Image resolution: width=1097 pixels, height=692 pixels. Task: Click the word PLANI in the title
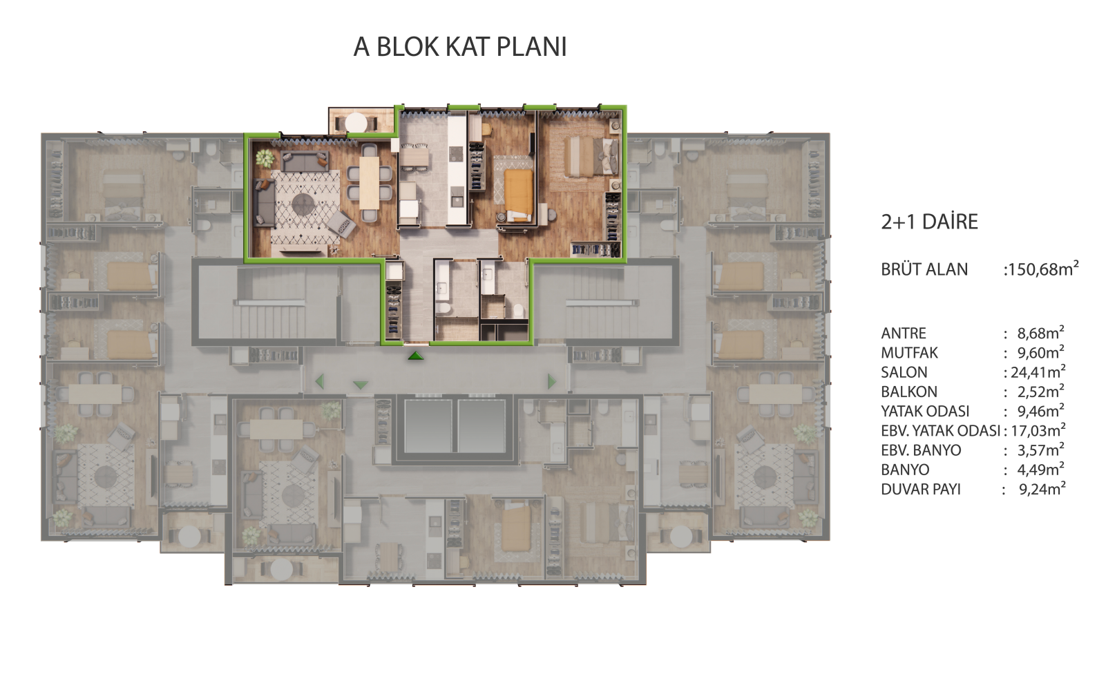532,47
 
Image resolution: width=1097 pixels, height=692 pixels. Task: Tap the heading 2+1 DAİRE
929,222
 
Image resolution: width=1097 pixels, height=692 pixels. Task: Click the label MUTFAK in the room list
909,353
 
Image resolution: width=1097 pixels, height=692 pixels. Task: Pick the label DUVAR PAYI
921,489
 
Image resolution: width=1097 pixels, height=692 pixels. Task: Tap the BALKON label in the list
909,392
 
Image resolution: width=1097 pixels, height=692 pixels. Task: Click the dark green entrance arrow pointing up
416,356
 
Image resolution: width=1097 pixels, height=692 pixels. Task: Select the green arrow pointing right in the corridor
552,381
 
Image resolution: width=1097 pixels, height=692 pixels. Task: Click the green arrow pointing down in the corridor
361,385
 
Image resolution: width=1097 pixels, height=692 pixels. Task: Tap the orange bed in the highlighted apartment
519,195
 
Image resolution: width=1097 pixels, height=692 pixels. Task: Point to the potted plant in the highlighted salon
265,157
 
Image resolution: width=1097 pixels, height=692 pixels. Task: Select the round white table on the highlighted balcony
356,123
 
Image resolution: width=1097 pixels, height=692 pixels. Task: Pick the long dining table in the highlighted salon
370,182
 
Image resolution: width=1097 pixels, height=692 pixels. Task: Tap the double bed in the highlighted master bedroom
591,156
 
